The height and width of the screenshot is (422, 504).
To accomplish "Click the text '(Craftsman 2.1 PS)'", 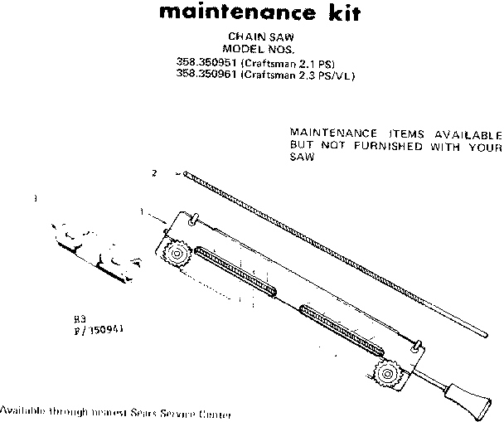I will tap(285, 61).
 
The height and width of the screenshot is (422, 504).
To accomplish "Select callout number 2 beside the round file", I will tap(154, 173).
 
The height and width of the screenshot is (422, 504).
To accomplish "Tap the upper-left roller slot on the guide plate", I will tap(237, 269).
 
